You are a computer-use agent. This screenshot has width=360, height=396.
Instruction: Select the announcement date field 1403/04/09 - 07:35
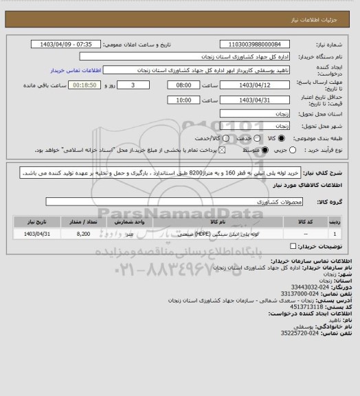[67, 43]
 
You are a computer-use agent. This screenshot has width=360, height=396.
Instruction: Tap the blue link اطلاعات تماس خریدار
[77, 70]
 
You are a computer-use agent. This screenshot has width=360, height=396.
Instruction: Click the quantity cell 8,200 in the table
[83, 234]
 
